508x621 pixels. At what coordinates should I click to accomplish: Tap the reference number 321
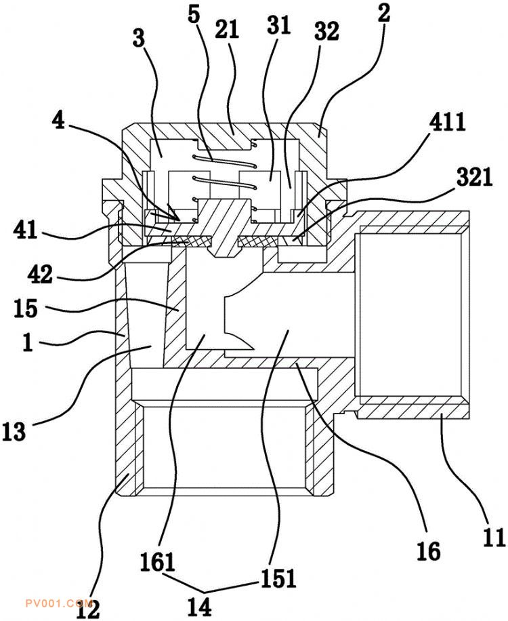pos(474,177)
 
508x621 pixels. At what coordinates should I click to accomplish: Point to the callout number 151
pos(278,578)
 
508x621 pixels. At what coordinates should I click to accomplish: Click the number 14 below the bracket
pos(199,606)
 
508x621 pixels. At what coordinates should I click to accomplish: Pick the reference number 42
pos(40,273)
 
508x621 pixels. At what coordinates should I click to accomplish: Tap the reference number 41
pos(25,230)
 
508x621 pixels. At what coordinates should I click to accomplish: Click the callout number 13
pos(14,432)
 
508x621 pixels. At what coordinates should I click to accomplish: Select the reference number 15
pos(26,308)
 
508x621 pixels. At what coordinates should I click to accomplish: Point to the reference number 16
pos(429,551)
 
